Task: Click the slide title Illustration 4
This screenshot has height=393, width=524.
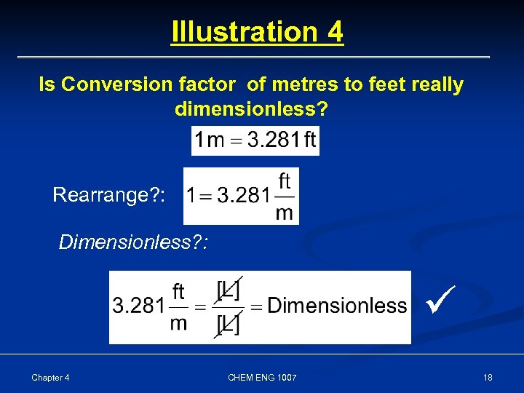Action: pyautogui.click(x=257, y=32)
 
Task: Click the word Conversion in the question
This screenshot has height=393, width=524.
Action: pyautogui.click(x=111, y=85)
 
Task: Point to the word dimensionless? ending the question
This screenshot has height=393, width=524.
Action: pyautogui.click(x=251, y=110)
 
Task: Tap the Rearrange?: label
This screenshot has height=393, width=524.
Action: pyautogui.click(x=109, y=195)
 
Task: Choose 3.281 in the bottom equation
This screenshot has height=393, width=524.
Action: pyautogui.click(x=138, y=306)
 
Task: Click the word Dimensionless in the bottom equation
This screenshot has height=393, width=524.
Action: pyautogui.click(x=337, y=306)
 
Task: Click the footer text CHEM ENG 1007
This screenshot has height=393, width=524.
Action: pyautogui.click(x=261, y=377)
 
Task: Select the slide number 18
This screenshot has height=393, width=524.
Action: pyautogui.click(x=488, y=377)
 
